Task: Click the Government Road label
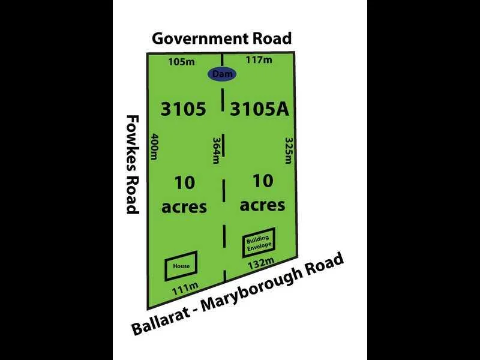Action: tap(221, 38)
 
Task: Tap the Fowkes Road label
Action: tap(132, 164)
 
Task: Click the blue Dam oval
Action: tap(222, 74)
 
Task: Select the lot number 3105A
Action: tap(260, 109)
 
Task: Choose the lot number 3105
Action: tap(184, 109)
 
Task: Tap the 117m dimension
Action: tap(259, 59)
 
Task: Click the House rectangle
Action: tap(181, 266)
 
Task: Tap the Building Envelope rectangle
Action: tap(259, 242)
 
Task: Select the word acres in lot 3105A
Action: tap(262, 205)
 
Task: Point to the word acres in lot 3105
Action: tap(184, 207)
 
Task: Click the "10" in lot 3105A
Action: tap(262, 181)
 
